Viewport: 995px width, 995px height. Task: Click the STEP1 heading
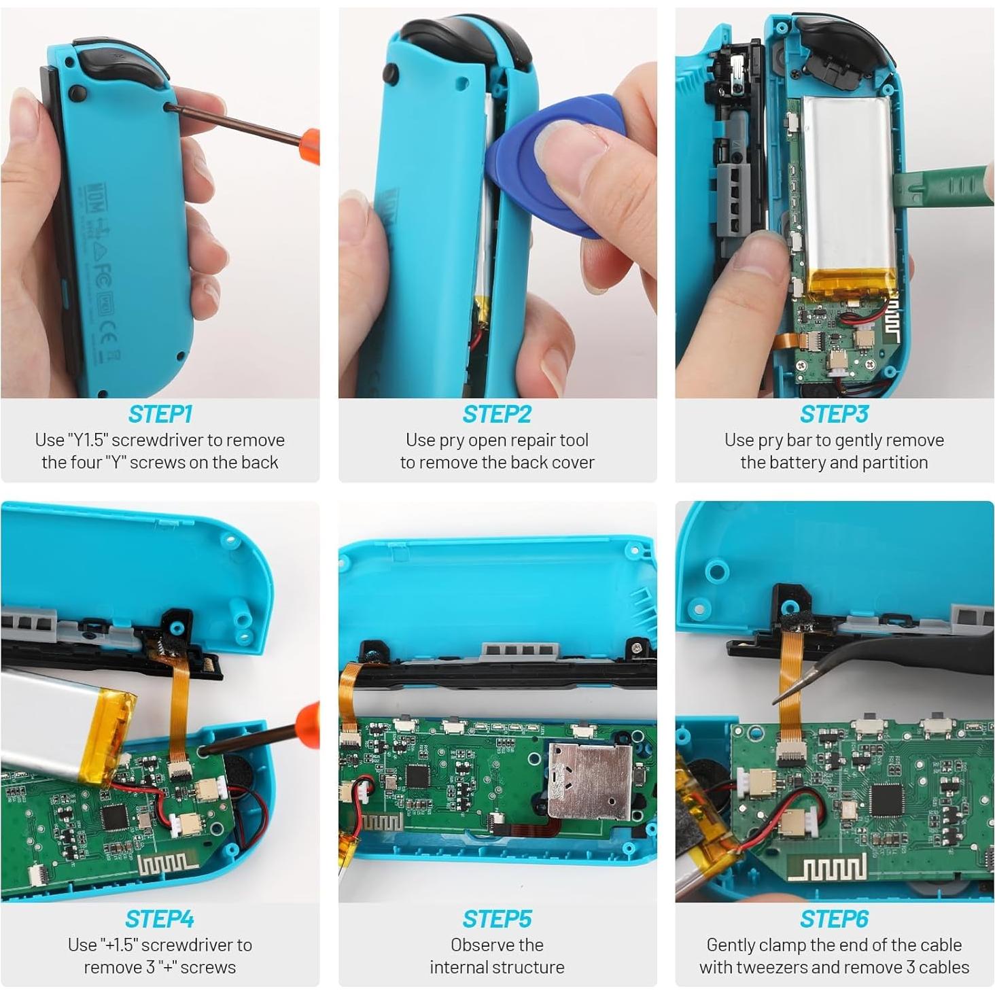pyautogui.click(x=160, y=414)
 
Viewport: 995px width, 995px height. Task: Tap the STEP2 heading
pyautogui.click(x=497, y=414)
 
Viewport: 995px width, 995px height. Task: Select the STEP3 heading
pyautogui.click(x=834, y=414)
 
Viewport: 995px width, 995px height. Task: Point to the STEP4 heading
pyautogui.click(x=160, y=919)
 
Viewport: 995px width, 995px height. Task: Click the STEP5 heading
pyautogui.click(x=497, y=919)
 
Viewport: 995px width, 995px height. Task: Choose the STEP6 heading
pyautogui.click(x=834, y=919)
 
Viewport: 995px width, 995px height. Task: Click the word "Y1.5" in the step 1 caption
pyautogui.click(x=88, y=440)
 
